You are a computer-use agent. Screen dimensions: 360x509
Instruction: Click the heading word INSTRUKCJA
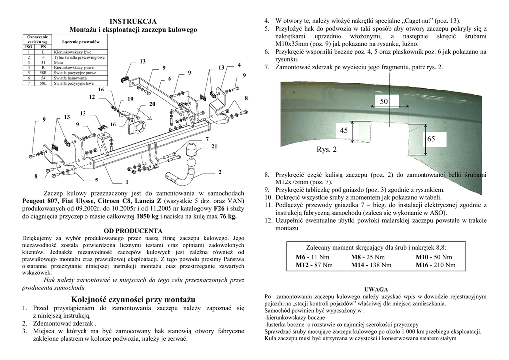point(133,21)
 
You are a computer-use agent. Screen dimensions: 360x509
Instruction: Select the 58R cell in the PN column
point(43,73)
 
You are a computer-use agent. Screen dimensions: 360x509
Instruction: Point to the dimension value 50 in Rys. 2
point(384,102)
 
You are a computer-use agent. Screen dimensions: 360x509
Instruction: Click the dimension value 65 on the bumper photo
point(431,140)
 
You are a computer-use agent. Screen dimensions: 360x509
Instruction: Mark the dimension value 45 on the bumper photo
point(344,131)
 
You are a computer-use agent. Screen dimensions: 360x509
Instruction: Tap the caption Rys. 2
point(327,149)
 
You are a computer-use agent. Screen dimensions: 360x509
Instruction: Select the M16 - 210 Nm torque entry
point(435,265)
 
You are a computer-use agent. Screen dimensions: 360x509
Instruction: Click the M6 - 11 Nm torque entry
point(312,257)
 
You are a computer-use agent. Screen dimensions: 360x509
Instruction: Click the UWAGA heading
point(376,289)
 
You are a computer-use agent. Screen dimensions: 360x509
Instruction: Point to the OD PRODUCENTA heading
point(133,231)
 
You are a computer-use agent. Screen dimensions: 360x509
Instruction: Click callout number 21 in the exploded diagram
point(214,147)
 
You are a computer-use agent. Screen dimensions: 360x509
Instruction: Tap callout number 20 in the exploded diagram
point(152,104)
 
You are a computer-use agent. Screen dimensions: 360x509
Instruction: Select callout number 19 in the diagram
point(130,99)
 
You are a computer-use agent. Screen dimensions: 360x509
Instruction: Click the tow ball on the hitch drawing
point(191,149)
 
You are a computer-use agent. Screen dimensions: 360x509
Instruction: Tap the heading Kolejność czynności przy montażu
point(133,299)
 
